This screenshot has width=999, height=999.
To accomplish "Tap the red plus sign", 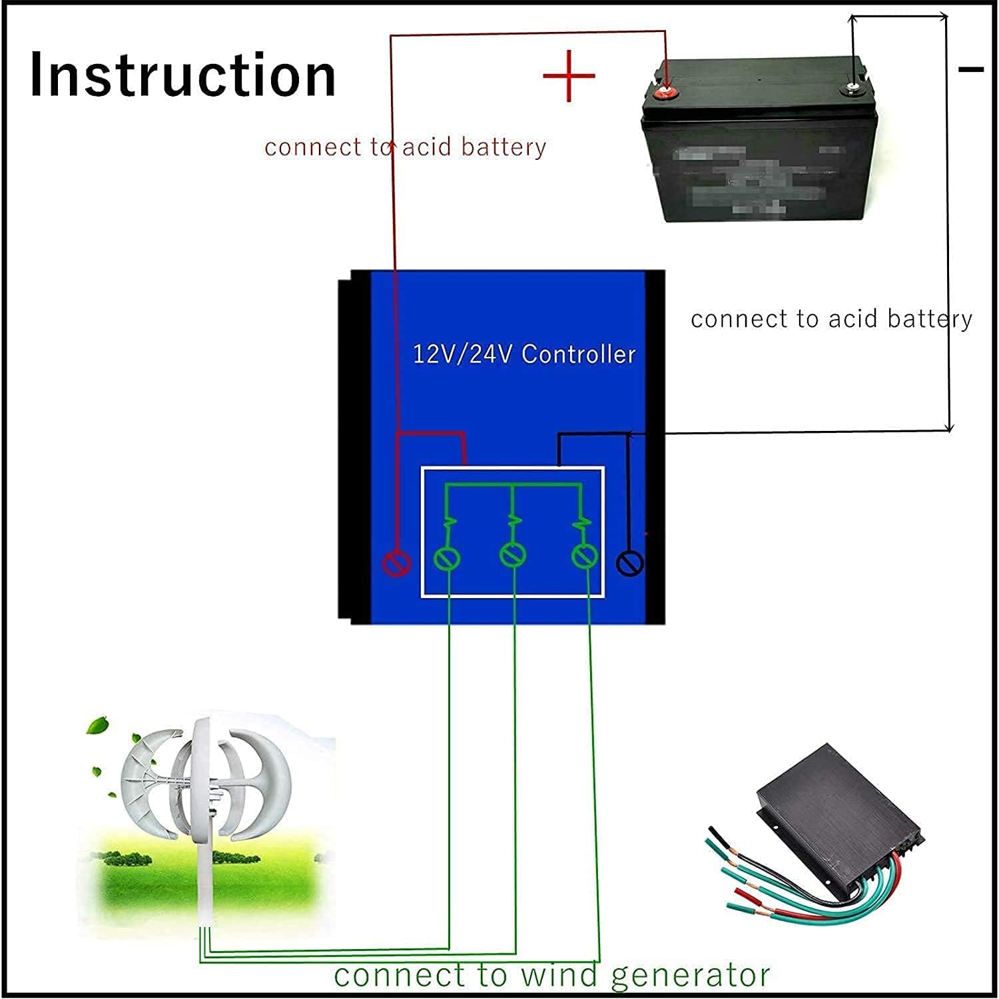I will click(x=568, y=76).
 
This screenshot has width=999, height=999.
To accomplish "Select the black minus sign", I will click(x=971, y=69).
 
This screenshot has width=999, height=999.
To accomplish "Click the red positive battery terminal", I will click(x=665, y=93).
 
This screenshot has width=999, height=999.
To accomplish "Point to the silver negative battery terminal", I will click(x=853, y=87).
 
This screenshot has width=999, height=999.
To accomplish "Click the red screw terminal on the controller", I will click(x=396, y=564).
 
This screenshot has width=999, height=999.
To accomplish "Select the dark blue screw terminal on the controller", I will click(x=630, y=563).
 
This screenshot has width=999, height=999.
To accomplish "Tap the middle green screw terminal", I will click(x=513, y=555).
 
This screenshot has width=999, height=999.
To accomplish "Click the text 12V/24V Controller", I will click(x=524, y=354).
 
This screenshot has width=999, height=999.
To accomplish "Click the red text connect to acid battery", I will click(x=405, y=147).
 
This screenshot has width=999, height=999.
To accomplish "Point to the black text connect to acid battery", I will click(x=831, y=320).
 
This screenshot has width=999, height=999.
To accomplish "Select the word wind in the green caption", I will click(x=559, y=975).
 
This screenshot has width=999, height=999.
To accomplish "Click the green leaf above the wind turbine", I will click(x=101, y=724).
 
